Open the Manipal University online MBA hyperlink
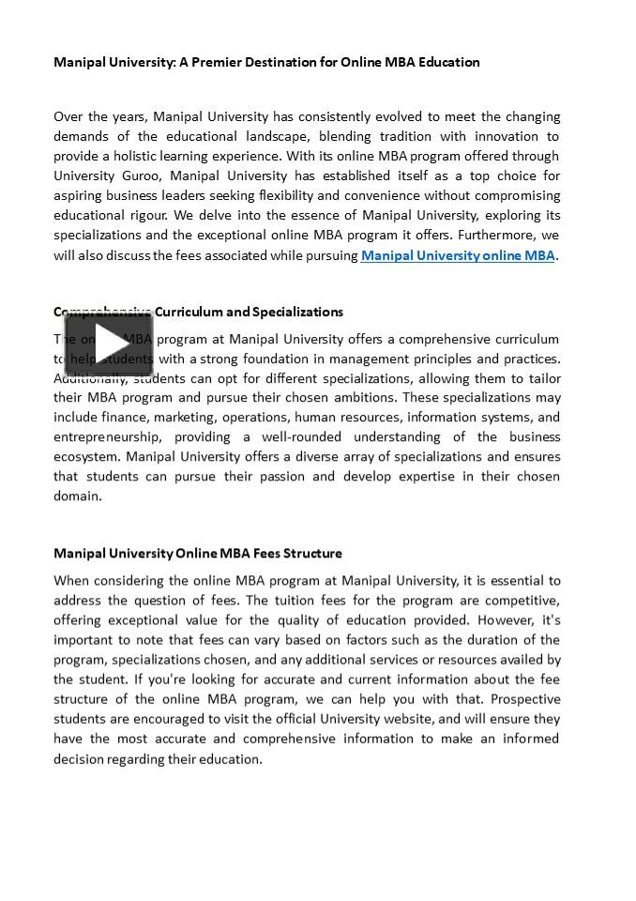[x=458, y=255]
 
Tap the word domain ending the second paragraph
[x=76, y=496]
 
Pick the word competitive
[x=520, y=601]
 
